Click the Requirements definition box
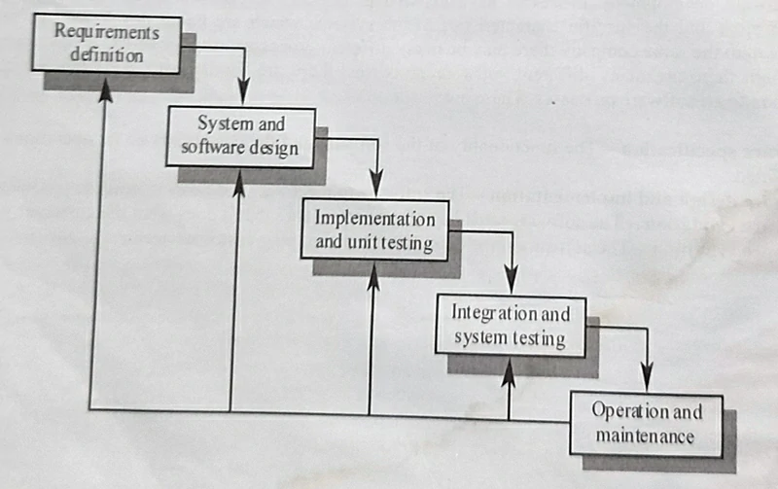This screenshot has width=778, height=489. tap(107, 44)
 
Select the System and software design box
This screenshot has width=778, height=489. tap(241, 136)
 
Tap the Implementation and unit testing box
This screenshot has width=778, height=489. tap(375, 228)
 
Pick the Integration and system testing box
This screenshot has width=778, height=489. tap(511, 326)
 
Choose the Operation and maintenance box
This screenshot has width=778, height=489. tap(646, 424)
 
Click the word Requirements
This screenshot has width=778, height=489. tap(107, 32)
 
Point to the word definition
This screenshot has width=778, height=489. tap(107, 55)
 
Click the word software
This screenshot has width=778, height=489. tap(216, 149)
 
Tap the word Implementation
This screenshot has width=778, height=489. tap(375, 218)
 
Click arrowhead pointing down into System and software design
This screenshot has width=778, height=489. tap(243, 97)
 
